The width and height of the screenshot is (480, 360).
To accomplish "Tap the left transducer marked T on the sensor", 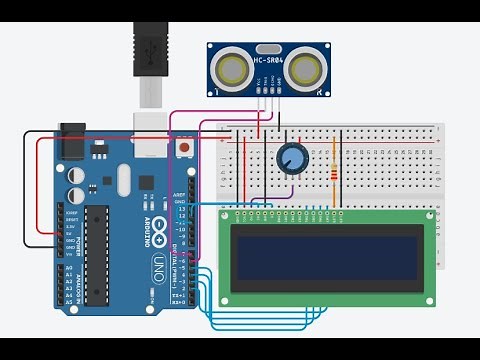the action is [234, 68].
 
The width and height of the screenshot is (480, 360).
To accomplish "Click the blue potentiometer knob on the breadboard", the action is [292, 157].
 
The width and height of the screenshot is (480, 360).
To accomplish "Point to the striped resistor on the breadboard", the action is [333, 175].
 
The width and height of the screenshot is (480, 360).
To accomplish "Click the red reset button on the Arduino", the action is [185, 148].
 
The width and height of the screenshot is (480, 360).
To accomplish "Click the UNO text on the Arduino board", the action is [157, 262].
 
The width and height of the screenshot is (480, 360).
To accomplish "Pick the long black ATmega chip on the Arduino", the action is [96, 255].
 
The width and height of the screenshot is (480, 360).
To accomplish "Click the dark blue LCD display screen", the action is [325, 256].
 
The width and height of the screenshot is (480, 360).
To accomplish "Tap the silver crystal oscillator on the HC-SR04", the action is [267, 48].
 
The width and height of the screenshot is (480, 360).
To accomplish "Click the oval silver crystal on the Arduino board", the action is [123, 180].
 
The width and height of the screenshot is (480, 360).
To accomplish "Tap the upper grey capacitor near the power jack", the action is [77, 174].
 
